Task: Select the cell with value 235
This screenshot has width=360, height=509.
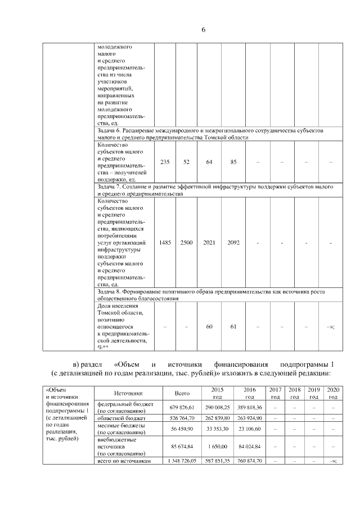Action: (165, 162)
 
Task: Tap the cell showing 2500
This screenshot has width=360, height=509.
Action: (186, 242)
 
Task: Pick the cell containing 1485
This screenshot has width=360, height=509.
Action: (165, 242)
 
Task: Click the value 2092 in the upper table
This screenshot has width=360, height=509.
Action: (233, 242)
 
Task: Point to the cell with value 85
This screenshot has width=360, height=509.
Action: (233, 162)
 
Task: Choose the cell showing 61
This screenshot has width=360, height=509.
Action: (233, 327)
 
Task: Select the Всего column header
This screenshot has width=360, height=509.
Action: (182, 393)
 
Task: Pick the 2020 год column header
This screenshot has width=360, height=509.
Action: (333, 393)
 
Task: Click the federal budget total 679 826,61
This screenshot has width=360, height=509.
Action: (182, 407)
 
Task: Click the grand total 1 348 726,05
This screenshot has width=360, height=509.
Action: (182, 461)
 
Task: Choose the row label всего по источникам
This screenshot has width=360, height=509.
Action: (125, 461)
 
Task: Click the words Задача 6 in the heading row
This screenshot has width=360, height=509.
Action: (111, 130)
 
